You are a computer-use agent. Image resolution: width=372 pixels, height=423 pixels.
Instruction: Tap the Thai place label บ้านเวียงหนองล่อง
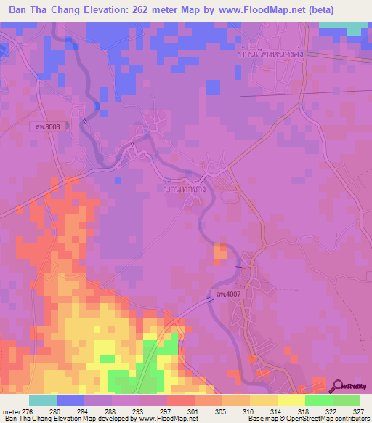pos(270,55)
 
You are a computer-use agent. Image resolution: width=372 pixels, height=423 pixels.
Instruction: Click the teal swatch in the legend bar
pos(42,400)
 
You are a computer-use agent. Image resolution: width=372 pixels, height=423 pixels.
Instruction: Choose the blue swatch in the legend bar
pos(70,400)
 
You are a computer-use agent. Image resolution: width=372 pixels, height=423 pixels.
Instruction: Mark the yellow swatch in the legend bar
pos(291,400)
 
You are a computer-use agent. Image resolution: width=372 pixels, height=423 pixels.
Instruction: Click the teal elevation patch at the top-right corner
pos(343,28)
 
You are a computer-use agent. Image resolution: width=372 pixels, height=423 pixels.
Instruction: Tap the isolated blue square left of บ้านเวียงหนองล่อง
pos(213,87)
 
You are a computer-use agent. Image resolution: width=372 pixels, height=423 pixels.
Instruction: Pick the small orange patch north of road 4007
pos(219,251)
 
